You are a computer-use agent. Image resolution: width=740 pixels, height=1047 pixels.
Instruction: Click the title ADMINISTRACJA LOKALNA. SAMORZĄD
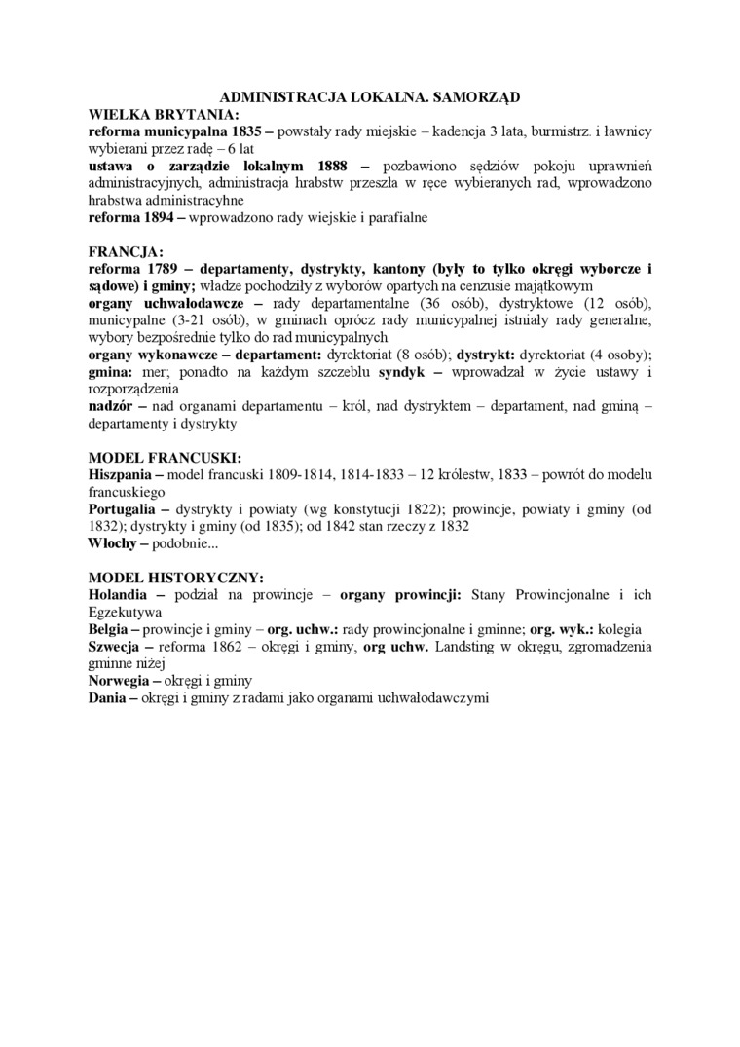click(370, 97)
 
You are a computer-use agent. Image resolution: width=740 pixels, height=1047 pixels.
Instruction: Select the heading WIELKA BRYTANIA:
click(157, 114)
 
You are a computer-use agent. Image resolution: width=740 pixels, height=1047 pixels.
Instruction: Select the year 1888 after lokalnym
click(326, 166)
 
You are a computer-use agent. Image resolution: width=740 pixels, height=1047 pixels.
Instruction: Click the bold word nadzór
click(110, 406)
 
